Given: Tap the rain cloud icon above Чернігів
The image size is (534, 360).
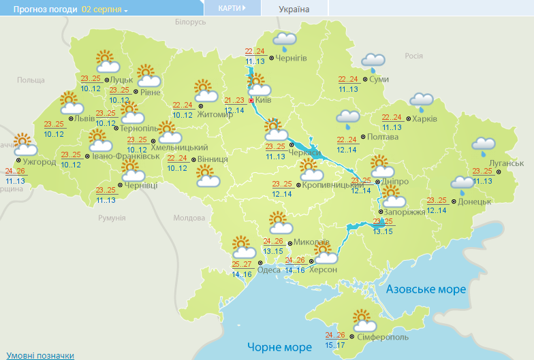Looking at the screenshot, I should (x=285, y=41).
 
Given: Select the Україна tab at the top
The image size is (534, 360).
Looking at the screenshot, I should (x=294, y=9).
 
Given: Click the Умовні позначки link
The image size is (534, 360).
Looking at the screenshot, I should (x=40, y=355).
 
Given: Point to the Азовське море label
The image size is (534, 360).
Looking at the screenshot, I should (x=426, y=289).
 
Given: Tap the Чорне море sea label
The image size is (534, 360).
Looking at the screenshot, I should (x=279, y=347).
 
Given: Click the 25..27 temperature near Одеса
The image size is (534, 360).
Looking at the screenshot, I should (x=242, y=265).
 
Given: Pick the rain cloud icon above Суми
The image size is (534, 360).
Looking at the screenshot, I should (x=373, y=63).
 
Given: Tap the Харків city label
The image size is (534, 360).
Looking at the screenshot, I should (x=425, y=119).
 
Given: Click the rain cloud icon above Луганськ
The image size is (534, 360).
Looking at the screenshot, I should (x=484, y=146).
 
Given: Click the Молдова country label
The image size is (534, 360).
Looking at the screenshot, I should (x=189, y=218).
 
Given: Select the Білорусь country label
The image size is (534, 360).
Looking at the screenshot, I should (x=190, y=22).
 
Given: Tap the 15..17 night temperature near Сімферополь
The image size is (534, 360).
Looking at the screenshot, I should (x=335, y=345).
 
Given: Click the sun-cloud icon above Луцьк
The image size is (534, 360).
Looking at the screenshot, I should (x=107, y=62).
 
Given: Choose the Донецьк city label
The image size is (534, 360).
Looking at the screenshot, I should (x=475, y=201).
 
